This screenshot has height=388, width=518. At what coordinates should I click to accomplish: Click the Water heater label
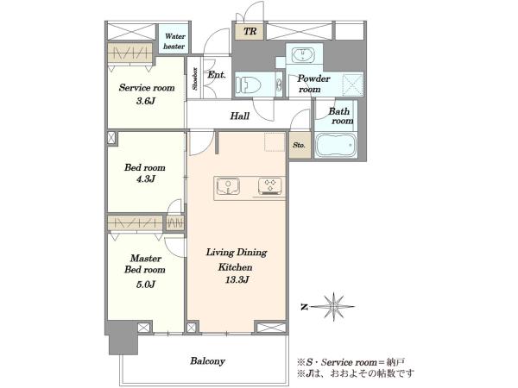coord(174,41)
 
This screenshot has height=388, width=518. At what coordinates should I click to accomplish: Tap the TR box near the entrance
coord(250,31)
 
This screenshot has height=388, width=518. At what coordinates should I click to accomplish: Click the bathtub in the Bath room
coord(336,145)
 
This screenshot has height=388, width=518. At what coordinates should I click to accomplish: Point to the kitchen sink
coord(228,186)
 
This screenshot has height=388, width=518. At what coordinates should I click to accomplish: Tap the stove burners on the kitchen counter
coord(270,185)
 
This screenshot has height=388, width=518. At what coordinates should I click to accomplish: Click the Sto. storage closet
coord(300,145)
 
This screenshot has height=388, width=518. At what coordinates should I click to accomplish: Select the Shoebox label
coord(195,78)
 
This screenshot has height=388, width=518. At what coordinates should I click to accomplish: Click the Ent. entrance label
coord(217,75)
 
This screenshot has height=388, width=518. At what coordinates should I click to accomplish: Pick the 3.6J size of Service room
coord(146,101)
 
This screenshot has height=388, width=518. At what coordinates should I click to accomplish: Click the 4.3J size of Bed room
coord(145,179)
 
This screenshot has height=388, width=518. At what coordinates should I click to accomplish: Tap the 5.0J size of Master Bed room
coord(145,284)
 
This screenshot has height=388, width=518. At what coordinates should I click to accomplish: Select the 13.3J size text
coord(237,280)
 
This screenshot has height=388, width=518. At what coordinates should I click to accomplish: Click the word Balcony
coord(207,361)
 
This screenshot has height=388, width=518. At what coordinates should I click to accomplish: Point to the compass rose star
coord(333,307)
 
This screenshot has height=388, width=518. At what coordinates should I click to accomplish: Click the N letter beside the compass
coord(304,307)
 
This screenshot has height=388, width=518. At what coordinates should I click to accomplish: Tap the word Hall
coord(240,116)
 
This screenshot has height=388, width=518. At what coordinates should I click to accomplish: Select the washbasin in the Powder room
coord(304,54)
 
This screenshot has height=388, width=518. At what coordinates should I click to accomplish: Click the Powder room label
coord(313,84)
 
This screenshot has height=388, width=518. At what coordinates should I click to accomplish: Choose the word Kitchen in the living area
coord(235,267)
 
